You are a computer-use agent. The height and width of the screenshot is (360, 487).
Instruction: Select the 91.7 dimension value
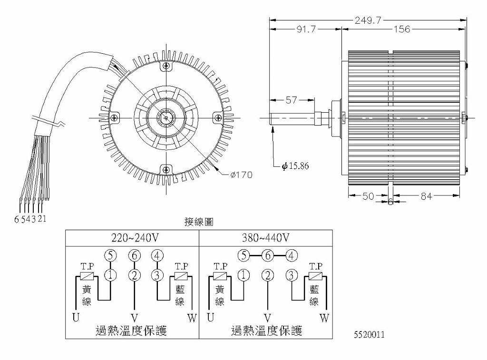(306, 29)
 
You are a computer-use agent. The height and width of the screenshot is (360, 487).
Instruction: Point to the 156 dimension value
(402, 29)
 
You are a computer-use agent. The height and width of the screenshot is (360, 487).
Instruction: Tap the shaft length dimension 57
(291, 100)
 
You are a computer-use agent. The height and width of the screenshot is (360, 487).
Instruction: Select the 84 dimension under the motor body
(426, 196)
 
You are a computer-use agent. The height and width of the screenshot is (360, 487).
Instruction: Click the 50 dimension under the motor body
(369, 196)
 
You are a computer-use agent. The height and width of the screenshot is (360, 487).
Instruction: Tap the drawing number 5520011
(369, 335)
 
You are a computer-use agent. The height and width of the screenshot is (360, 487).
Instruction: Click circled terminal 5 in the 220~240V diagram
(111, 255)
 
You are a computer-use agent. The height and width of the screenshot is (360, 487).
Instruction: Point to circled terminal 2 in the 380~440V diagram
(268, 275)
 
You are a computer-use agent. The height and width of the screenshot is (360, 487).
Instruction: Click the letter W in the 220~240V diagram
(192, 318)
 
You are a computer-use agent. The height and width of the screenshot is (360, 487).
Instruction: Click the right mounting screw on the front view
(218, 117)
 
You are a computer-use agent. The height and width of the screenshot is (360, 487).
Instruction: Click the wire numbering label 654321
(30, 219)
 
